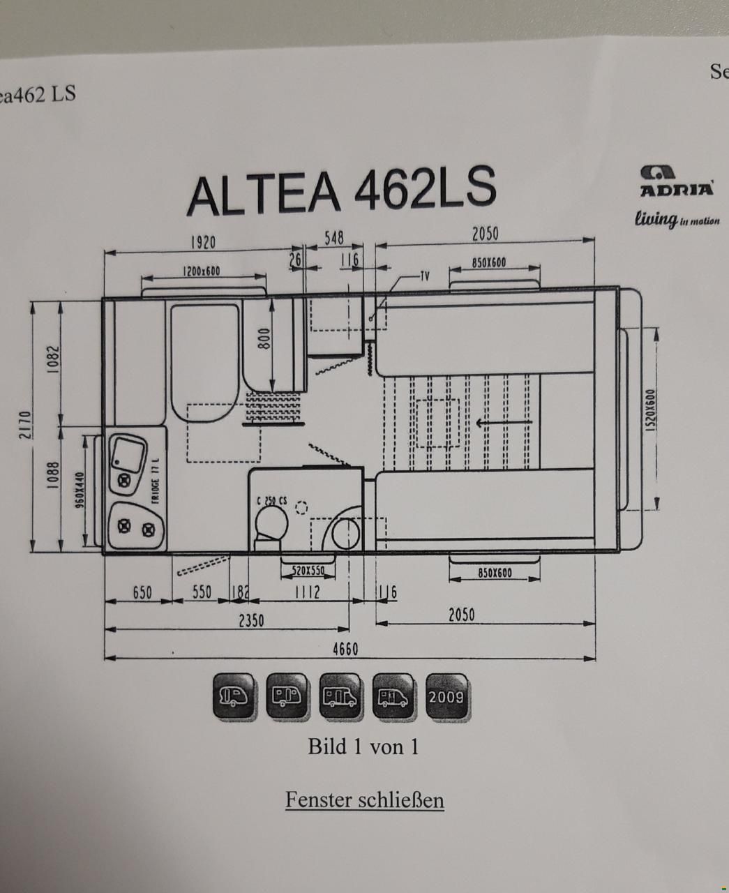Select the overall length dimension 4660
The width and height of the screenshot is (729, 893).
345,650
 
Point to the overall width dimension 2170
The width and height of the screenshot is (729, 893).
24,426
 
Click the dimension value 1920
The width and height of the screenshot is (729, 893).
203,242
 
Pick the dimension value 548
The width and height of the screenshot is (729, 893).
334,238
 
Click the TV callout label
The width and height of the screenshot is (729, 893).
424,275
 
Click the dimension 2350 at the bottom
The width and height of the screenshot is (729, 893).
252,620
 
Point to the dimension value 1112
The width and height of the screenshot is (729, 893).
306,592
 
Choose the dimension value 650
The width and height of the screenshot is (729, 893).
142,593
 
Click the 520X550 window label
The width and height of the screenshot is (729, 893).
308,571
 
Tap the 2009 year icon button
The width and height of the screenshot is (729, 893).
446,697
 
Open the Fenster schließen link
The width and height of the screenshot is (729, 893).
364,800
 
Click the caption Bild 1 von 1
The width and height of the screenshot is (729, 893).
363,746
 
